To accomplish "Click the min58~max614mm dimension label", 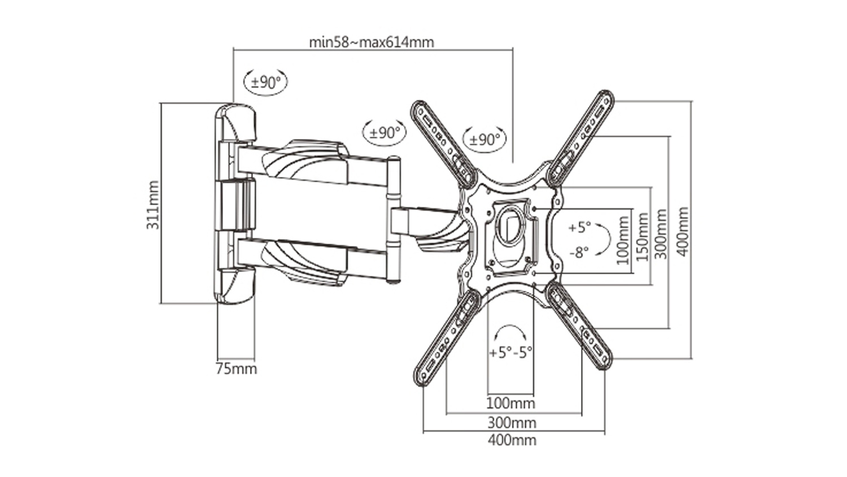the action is [372, 42].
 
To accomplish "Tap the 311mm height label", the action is [153, 205].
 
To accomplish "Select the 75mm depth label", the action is [237, 368].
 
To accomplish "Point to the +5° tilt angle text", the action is [579, 228].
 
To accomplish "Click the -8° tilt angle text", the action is [579, 251].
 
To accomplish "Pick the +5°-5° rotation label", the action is [511, 353].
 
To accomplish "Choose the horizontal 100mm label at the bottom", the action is [510, 403].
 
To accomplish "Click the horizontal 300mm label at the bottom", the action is [512, 423].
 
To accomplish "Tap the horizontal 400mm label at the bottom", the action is [512, 440].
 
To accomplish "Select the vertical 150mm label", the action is [643, 237].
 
